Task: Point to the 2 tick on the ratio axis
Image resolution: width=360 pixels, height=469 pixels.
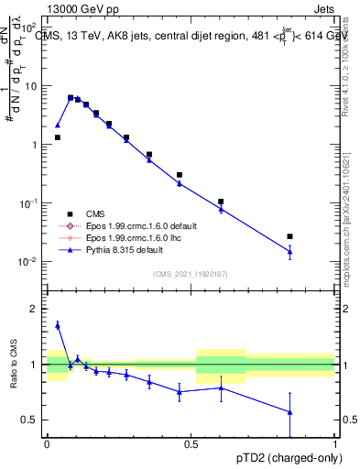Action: (34, 309)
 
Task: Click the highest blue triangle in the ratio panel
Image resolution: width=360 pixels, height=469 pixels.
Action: (58, 324)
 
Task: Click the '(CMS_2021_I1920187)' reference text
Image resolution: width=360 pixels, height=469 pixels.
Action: (191, 273)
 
